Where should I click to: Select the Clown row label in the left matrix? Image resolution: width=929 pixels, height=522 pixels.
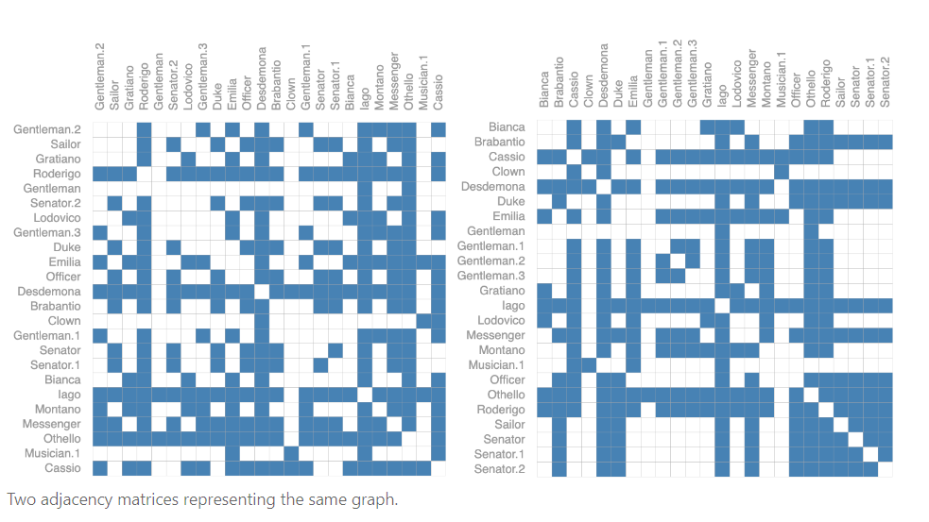coord(64,321)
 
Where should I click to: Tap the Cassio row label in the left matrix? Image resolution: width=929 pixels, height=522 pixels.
coord(62,468)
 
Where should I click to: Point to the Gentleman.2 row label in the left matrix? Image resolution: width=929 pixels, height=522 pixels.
coord(47,129)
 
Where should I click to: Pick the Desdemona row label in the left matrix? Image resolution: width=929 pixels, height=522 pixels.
coord(49,292)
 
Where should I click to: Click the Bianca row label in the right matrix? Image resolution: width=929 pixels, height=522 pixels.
coord(507,127)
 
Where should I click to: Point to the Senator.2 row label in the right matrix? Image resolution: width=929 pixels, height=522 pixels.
coord(499,469)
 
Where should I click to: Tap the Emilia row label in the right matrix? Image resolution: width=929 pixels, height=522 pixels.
coord(508,216)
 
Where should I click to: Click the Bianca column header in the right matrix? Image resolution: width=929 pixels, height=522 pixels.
coord(544,90)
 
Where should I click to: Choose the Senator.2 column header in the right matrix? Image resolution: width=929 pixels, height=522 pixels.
coord(886,81)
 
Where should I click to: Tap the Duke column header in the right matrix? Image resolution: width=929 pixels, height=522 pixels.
coord(618,93)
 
